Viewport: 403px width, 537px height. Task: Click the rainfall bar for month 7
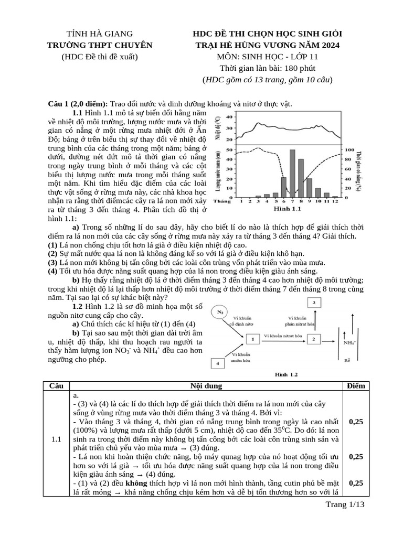pyautogui.click(x=292, y=173)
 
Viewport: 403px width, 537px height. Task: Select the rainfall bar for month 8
pyautogui.click(x=301, y=178)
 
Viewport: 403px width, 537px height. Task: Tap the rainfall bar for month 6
pyautogui.click(x=283, y=187)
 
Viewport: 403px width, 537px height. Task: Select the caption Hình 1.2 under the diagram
pyautogui.click(x=287, y=374)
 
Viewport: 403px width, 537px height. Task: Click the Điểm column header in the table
pyautogui.click(x=355, y=386)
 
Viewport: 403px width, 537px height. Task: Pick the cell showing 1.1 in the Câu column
pyautogui.click(x=57, y=439)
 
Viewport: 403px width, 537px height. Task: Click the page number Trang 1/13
pyautogui.click(x=345, y=504)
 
